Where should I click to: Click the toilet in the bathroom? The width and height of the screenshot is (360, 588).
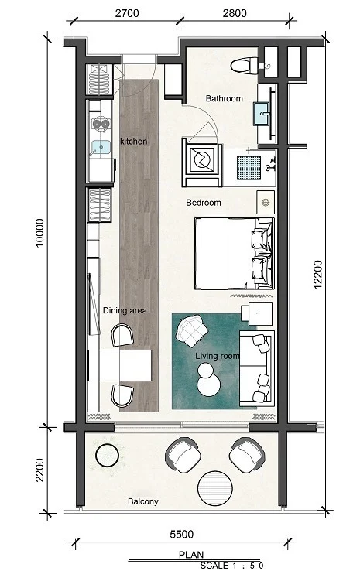click(244, 66)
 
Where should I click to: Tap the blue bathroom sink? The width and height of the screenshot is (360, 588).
click(262, 113)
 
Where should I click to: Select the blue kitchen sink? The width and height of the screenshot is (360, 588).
click(101, 147)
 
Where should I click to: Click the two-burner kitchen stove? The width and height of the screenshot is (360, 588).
click(101, 123)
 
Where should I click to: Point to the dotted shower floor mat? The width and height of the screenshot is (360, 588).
click(249, 167)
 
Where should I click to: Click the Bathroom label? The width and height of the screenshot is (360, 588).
click(224, 98)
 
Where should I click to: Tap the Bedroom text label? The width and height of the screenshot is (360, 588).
click(204, 203)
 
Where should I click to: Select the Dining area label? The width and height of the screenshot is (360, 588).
click(125, 310)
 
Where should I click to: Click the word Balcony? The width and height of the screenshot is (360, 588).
click(143, 501)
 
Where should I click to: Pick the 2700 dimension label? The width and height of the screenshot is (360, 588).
click(127, 13)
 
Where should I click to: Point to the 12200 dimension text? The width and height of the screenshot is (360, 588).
click(317, 275)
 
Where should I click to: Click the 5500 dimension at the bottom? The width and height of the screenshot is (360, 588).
click(182, 534)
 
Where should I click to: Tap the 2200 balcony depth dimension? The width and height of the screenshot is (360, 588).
click(39, 470)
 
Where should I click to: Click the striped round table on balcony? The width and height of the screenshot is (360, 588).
click(215, 489)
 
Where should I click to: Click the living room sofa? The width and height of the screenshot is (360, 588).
click(257, 369)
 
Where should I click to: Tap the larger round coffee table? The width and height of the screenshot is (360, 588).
click(209, 385)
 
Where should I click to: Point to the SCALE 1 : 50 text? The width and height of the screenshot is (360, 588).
click(231, 566)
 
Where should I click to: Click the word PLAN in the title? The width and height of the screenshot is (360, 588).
click(191, 555)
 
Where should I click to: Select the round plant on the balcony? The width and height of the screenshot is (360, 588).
click(108, 455)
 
